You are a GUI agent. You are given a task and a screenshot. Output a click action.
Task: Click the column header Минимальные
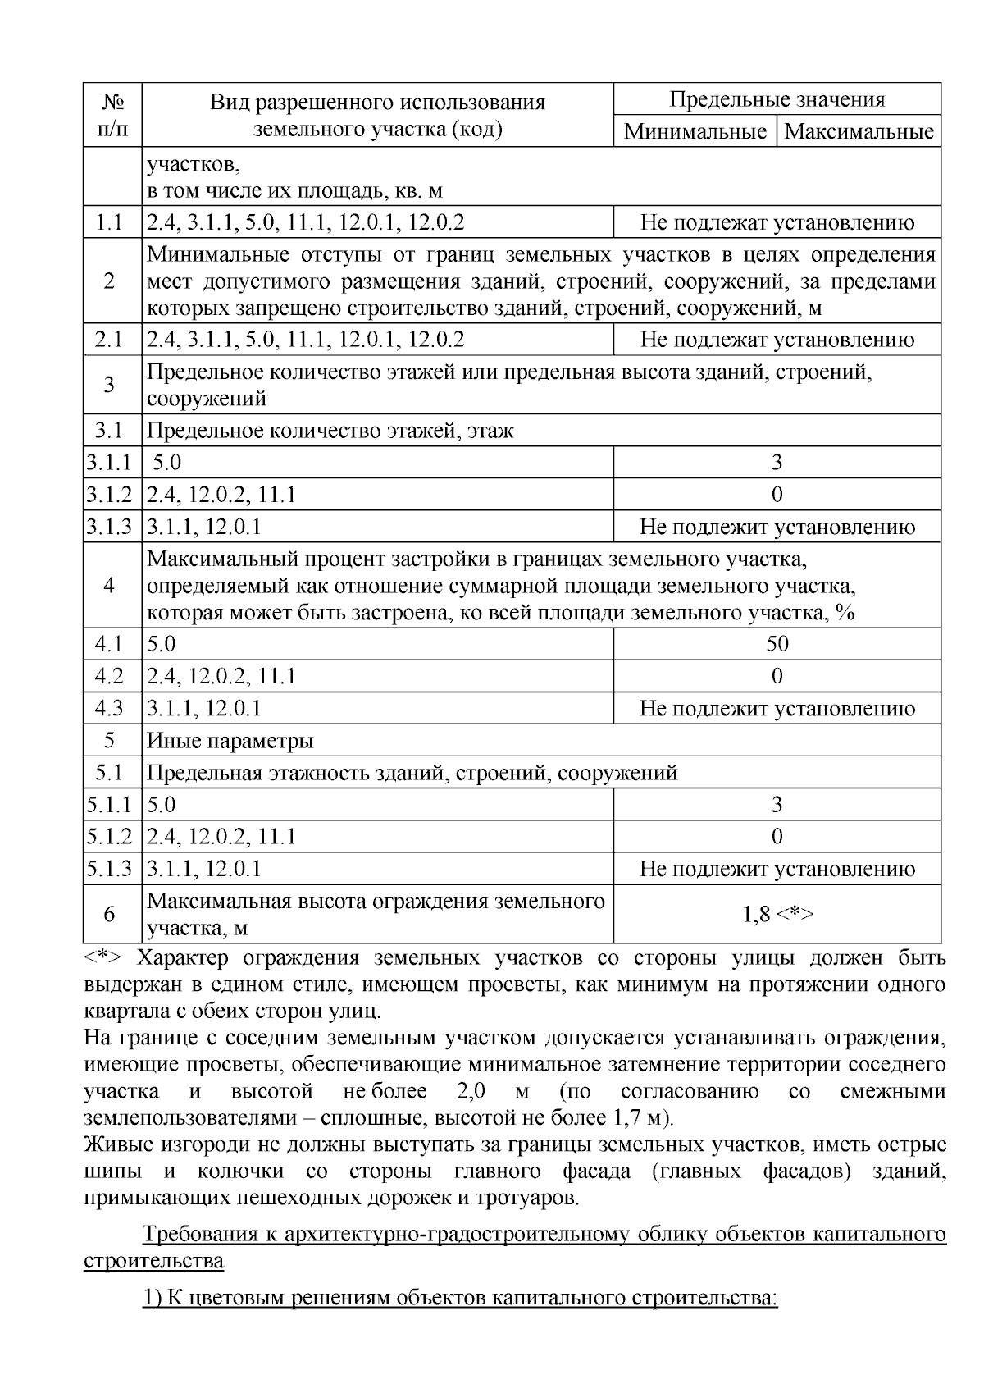tap(695, 131)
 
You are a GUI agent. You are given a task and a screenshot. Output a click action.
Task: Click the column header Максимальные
tap(859, 131)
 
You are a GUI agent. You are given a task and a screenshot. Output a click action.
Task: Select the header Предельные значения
tap(777, 100)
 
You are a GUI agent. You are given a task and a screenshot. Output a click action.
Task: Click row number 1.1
tap(109, 222)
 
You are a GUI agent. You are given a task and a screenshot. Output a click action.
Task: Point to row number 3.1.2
tap(109, 495)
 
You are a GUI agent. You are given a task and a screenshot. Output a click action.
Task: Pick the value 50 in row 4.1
tap(777, 644)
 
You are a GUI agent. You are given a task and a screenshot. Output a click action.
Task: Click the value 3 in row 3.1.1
tap(777, 463)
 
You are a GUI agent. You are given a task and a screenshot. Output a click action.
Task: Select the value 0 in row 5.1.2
tap(777, 837)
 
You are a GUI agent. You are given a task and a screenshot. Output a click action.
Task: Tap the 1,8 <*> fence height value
tap(777, 914)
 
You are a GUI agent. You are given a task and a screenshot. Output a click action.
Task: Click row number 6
tap(109, 914)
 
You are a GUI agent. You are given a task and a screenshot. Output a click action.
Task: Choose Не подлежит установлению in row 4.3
tap(777, 709)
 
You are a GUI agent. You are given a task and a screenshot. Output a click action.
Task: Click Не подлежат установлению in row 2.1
tap(777, 340)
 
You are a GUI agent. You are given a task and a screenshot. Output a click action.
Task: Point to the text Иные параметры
tap(230, 742)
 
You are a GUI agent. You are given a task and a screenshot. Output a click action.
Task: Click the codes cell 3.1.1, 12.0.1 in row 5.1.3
tap(204, 869)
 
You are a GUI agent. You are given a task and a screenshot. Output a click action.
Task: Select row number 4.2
tap(109, 676)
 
